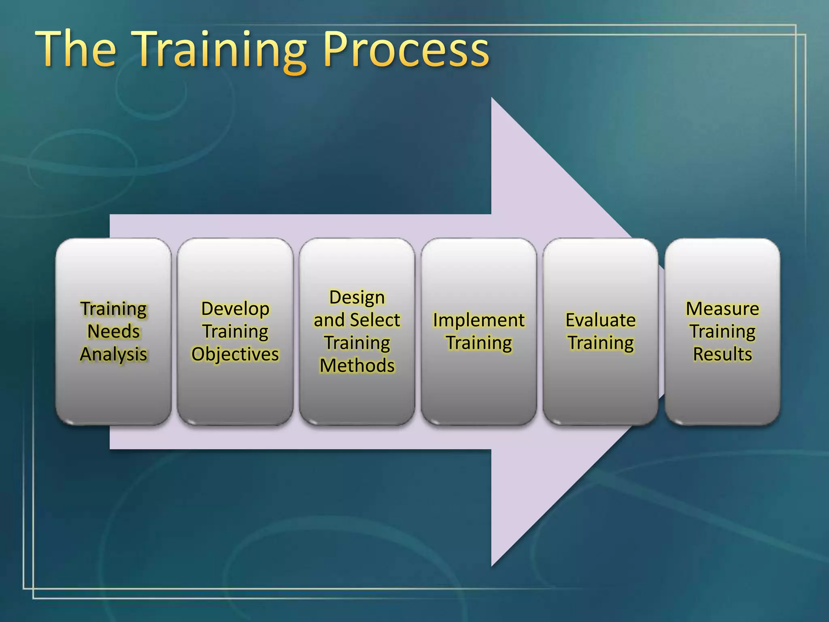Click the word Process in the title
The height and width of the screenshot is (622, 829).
click(x=406, y=51)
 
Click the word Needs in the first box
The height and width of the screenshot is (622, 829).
click(x=114, y=331)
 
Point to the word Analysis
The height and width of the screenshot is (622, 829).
click(x=114, y=354)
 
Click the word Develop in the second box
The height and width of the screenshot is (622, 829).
click(x=235, y=309)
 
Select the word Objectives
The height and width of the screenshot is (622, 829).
click(x=235, y=354)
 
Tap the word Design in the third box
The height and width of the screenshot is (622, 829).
click(x=357, y=298)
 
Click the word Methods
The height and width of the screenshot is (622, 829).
click(x=357, y=366)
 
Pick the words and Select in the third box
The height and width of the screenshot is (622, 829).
click(x=357, y=320)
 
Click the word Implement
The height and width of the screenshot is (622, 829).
click(x=478, y=320)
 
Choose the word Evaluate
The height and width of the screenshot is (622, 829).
click(x=600, y=320)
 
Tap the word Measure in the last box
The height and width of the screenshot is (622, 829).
click(x=722, y=309)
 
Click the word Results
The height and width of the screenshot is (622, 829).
click(x=722, y=354)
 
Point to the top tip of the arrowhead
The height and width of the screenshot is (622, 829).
click(x=493, y=100)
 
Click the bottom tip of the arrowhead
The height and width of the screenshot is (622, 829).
click(x=493, y=564)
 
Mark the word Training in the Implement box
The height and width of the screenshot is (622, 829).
click(x=479, y=343)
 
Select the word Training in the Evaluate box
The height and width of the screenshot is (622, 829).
click(x=600, y=343)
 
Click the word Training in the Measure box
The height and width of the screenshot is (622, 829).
click(x=722, y=332)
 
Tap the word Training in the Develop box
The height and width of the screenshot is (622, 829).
click(x=235, y=332)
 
